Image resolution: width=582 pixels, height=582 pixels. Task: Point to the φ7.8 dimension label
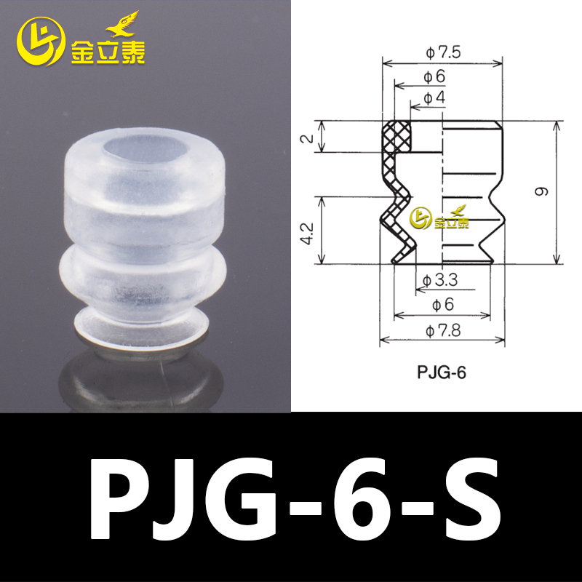click(442, 330)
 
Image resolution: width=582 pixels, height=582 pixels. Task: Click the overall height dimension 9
click(541, 192)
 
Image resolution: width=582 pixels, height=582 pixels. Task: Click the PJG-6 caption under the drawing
click(441, 373)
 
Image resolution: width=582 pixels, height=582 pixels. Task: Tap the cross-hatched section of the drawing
click(396, 189)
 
